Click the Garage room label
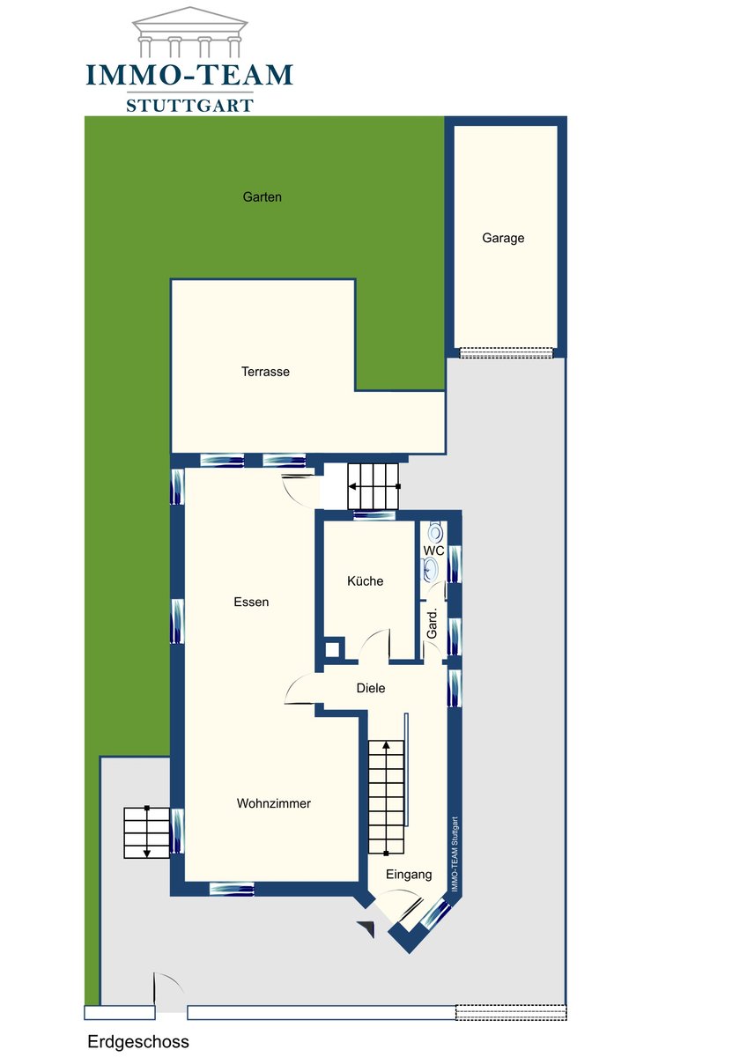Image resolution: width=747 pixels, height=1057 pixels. (503, 238)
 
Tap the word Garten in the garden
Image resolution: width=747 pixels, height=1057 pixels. (262, 196)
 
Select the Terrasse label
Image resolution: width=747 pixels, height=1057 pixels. (265, 372)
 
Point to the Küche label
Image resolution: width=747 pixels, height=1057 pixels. (365, 580)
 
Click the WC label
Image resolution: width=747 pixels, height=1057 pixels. (433, 551)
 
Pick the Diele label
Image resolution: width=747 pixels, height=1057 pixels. (371, 688)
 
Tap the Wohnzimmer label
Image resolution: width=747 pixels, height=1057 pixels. (274, 803)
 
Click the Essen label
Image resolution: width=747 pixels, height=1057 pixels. (251, 602)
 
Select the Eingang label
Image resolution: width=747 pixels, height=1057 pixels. (409, 875)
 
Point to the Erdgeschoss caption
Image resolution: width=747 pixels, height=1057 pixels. (138, 1041)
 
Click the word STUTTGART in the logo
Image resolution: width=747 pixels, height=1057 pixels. (189, 105)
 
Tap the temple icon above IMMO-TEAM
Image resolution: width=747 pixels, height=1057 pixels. (189, 31)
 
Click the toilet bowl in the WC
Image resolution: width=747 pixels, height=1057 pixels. (435, 532)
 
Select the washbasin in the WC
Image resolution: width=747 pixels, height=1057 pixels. (430, 569)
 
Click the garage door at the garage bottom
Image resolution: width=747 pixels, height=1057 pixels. (506, 352)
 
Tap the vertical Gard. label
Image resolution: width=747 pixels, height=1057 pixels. (432, 624)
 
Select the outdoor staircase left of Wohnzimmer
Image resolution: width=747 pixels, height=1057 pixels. (147, 833)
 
